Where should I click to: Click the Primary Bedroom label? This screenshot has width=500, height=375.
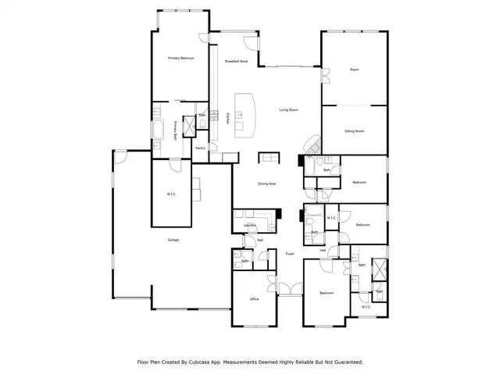(x=180, y=59)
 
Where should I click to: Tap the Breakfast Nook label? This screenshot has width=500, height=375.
(x=236, y=61)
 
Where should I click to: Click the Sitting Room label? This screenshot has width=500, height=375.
(x=355, y=131)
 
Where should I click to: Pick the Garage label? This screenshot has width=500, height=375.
(x=173, y=240)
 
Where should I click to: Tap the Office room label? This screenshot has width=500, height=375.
(x=254, y=299)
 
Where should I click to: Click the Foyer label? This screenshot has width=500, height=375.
(x=289, y=254)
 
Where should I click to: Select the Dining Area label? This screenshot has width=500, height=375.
(x=267, y=184)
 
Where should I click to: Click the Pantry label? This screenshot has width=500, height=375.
(x=200, y=148)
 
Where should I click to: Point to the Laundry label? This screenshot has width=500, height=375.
(x=251, y=225)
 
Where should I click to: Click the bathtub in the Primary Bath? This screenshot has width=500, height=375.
(x=159, y=130)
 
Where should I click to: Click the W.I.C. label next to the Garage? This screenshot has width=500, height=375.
(x=172, y=194)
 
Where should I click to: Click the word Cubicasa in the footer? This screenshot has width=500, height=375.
(x=205, y=362)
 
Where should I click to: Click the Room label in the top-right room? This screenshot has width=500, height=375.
(x=354, y=70)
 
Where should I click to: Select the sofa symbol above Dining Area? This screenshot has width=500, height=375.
(x=268, y=158)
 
